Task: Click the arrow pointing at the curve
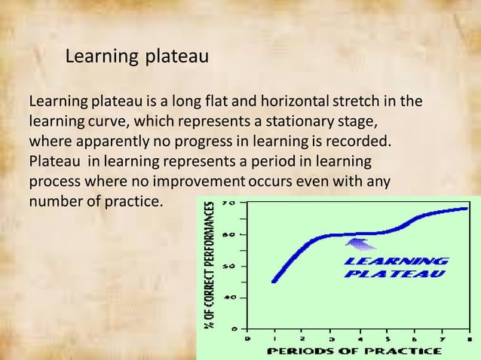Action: point(361,243)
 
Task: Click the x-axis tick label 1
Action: point(274,338)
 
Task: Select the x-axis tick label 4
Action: point(360,338)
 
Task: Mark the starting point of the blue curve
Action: point(274,281)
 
